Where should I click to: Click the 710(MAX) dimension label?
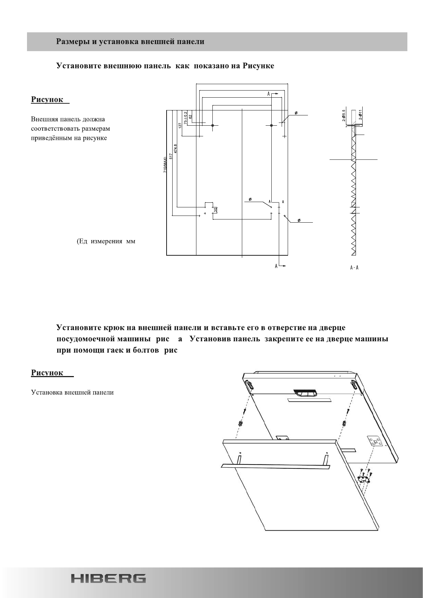pos(165,165)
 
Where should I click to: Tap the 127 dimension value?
pos(180,125)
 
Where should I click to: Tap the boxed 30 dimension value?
pos(216,209)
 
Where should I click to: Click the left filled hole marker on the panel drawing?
pos(212,125)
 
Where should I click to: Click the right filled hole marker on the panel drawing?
pos(271,125)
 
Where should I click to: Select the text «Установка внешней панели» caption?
pos(72,392)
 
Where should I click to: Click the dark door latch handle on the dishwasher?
pos(305,393)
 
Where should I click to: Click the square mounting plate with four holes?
pos(375,442)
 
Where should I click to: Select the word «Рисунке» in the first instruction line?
pos(258,66)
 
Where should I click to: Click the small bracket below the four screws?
pos(363,479)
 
